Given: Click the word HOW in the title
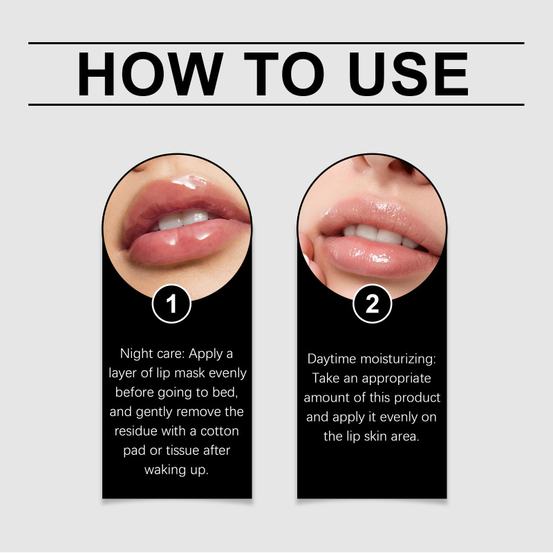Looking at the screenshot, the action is click(x=150, y=74).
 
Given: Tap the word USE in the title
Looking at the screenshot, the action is click(x=409, y=74).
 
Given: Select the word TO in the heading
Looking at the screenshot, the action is click(x=284, y=74).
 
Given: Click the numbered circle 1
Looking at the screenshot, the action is click(x=171, y=303).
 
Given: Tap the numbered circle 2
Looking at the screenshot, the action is click(x=372, y=303).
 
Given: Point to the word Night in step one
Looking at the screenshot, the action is click(x=136, y=354).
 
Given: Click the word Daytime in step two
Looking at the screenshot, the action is click(x=332, y=359).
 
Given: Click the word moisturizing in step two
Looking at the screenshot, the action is click(x=398, y=359).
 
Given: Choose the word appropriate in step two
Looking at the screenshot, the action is click(x=396, y=379).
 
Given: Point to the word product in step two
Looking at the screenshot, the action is click(x=418, y=398).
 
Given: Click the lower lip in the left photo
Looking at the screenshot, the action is click(x=187, y=243).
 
